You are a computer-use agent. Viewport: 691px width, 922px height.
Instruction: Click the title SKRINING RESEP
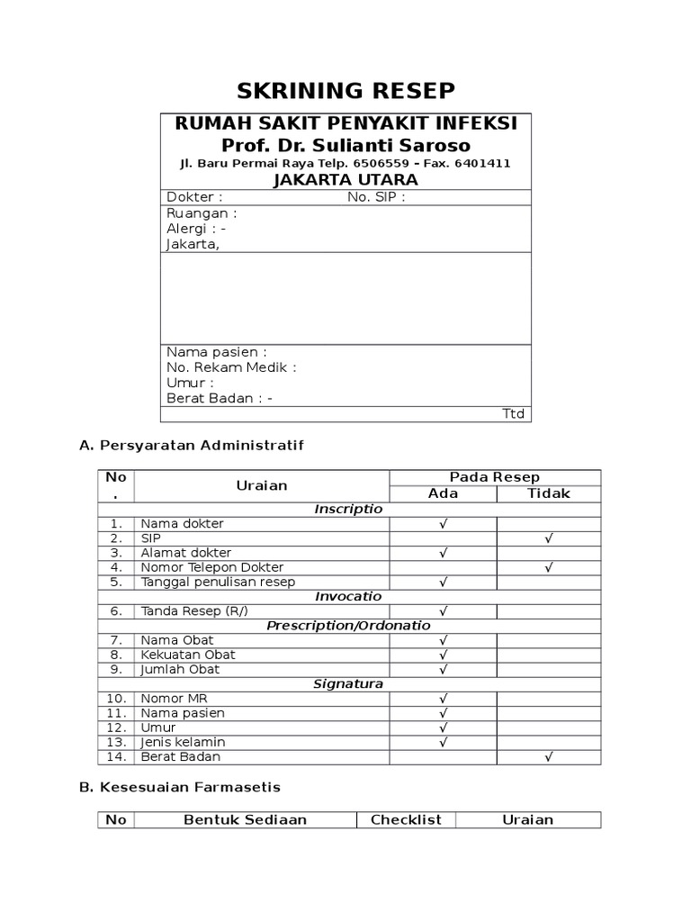click(345, 91)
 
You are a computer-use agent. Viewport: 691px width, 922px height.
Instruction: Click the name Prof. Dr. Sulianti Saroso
click(345, 145)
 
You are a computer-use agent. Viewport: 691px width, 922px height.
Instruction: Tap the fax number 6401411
click(482, 163)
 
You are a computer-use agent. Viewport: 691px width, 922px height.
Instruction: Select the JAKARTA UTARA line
click(345, 180)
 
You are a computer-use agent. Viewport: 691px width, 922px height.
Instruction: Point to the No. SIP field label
click(376, 197)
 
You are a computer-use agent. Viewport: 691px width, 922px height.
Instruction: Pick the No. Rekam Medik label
click(231, 367)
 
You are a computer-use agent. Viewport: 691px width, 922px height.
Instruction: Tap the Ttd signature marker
click(513, 414)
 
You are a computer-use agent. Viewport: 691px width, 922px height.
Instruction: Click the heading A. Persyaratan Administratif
click(192, 445)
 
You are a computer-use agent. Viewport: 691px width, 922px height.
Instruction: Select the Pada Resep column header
click(495, 477)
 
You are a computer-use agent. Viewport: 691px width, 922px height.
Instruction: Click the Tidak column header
click(548, 493)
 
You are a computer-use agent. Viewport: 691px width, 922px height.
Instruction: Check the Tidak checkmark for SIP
click(548, 538)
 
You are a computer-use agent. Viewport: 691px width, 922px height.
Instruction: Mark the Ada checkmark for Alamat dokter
click(443, 553)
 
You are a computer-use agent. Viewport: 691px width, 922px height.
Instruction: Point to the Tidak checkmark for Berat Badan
click(548, 757)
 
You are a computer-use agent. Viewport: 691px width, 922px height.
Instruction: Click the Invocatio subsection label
click(348, 596)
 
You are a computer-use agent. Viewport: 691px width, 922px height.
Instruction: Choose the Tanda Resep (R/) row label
click(193, 611)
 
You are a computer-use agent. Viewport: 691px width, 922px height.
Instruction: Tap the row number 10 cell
click(116, 699)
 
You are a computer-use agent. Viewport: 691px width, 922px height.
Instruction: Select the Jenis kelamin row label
click(183, 742)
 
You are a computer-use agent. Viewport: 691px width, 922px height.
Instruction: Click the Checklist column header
click(406, 819)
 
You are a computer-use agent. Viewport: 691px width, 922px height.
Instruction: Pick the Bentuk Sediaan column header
click(245, 819)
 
